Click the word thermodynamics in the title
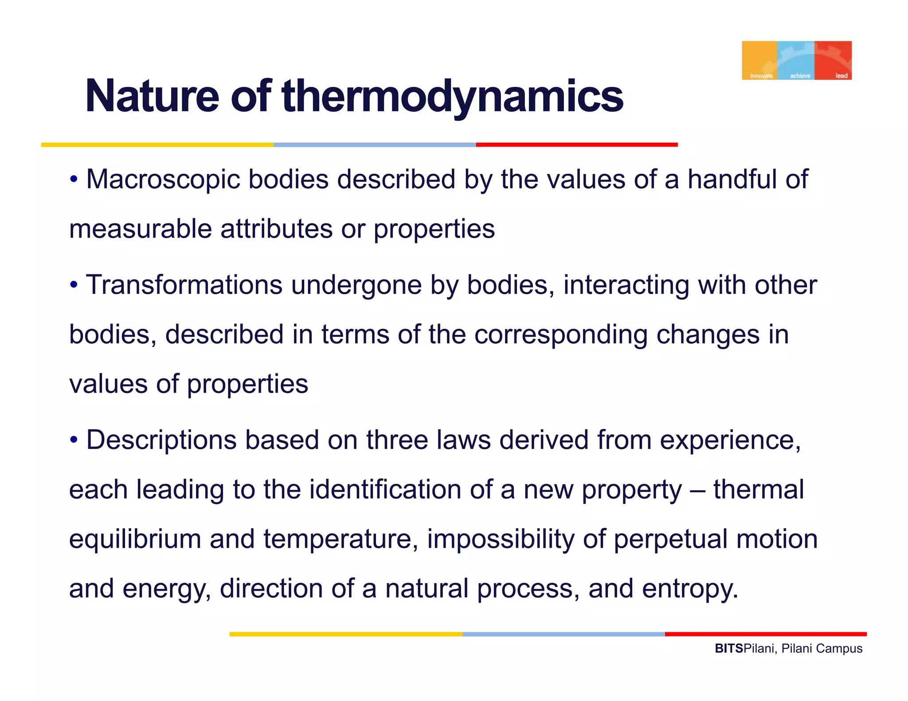click(x=452, y=96)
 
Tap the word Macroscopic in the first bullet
click(x=163, y=180)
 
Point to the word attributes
click(x=276, y=230)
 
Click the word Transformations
click(x=184, y=285)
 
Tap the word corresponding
click(x=561, y=335)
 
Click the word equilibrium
click(x=135, y=539)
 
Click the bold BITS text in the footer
click(x=728, y=649)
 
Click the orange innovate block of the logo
click(x=759, y=60)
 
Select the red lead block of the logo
click(x=834, y=60)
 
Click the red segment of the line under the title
click(x=576, y=144)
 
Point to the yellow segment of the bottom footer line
click(x=346, y=634)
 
